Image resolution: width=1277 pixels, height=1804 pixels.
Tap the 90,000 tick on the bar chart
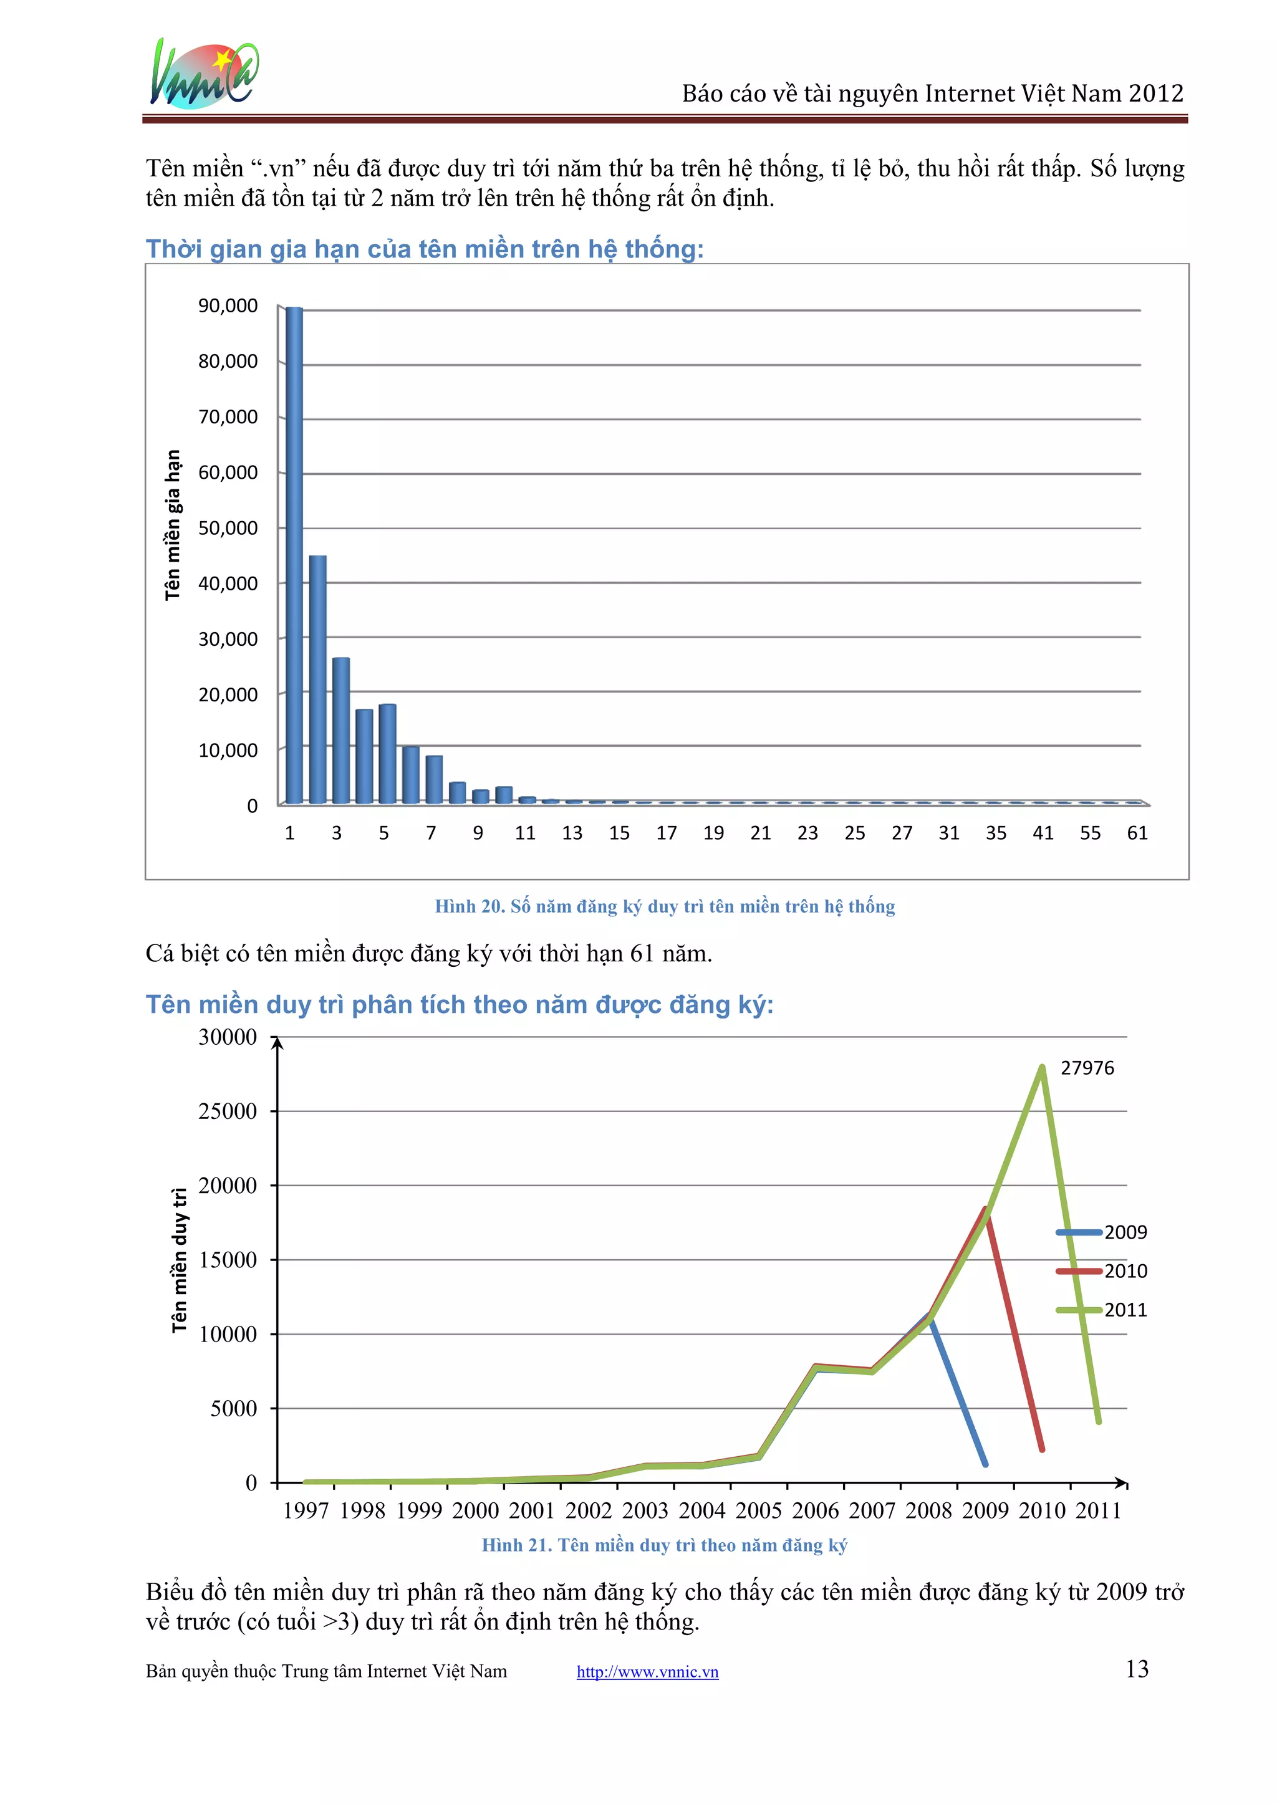(228, 306)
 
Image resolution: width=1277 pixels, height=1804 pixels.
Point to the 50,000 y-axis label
(228, 528)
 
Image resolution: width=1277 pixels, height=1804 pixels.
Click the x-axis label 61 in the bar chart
(1137, 833)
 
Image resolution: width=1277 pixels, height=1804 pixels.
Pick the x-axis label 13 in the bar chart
(572, 833)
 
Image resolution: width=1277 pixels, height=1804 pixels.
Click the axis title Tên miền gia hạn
(173, 525)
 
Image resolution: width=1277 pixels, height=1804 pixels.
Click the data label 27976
(1087, 1067)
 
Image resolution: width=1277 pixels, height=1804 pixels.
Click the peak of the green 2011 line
(1042, 1067)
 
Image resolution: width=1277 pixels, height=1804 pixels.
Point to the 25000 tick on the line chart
(228, 1111)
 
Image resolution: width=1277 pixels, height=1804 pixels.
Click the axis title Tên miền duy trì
(180, 1260)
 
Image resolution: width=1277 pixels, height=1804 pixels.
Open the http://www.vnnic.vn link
(647, 1671)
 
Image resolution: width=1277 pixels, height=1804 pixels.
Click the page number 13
(1137, 1669)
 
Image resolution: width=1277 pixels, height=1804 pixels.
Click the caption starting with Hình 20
(665, 906)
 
